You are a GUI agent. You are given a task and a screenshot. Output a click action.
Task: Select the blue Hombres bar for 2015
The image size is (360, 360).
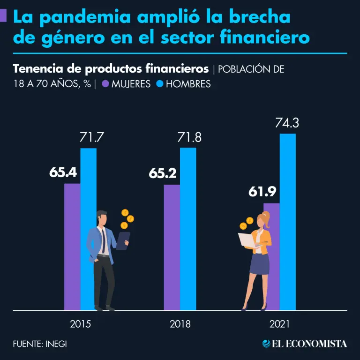pos(88,187)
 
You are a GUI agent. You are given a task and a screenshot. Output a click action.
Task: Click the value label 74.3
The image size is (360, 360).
pos(287,124)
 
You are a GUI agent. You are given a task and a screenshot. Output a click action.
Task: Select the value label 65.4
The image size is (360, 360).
pos(63,172)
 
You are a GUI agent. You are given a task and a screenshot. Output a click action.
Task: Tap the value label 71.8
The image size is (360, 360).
pos(187,138)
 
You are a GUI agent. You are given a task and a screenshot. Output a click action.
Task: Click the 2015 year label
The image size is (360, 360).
pos(80,324)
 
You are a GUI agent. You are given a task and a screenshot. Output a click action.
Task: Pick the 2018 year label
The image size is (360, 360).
pos(180,324)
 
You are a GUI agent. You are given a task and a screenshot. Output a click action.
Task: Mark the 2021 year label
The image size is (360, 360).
pos(280,324)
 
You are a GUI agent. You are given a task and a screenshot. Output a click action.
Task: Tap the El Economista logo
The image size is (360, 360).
pos(305,344)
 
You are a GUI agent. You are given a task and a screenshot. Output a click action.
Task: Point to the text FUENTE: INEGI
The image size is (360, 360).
pos(40,344)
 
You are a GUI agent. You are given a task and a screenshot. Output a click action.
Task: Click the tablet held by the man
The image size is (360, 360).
pos(123,240)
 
